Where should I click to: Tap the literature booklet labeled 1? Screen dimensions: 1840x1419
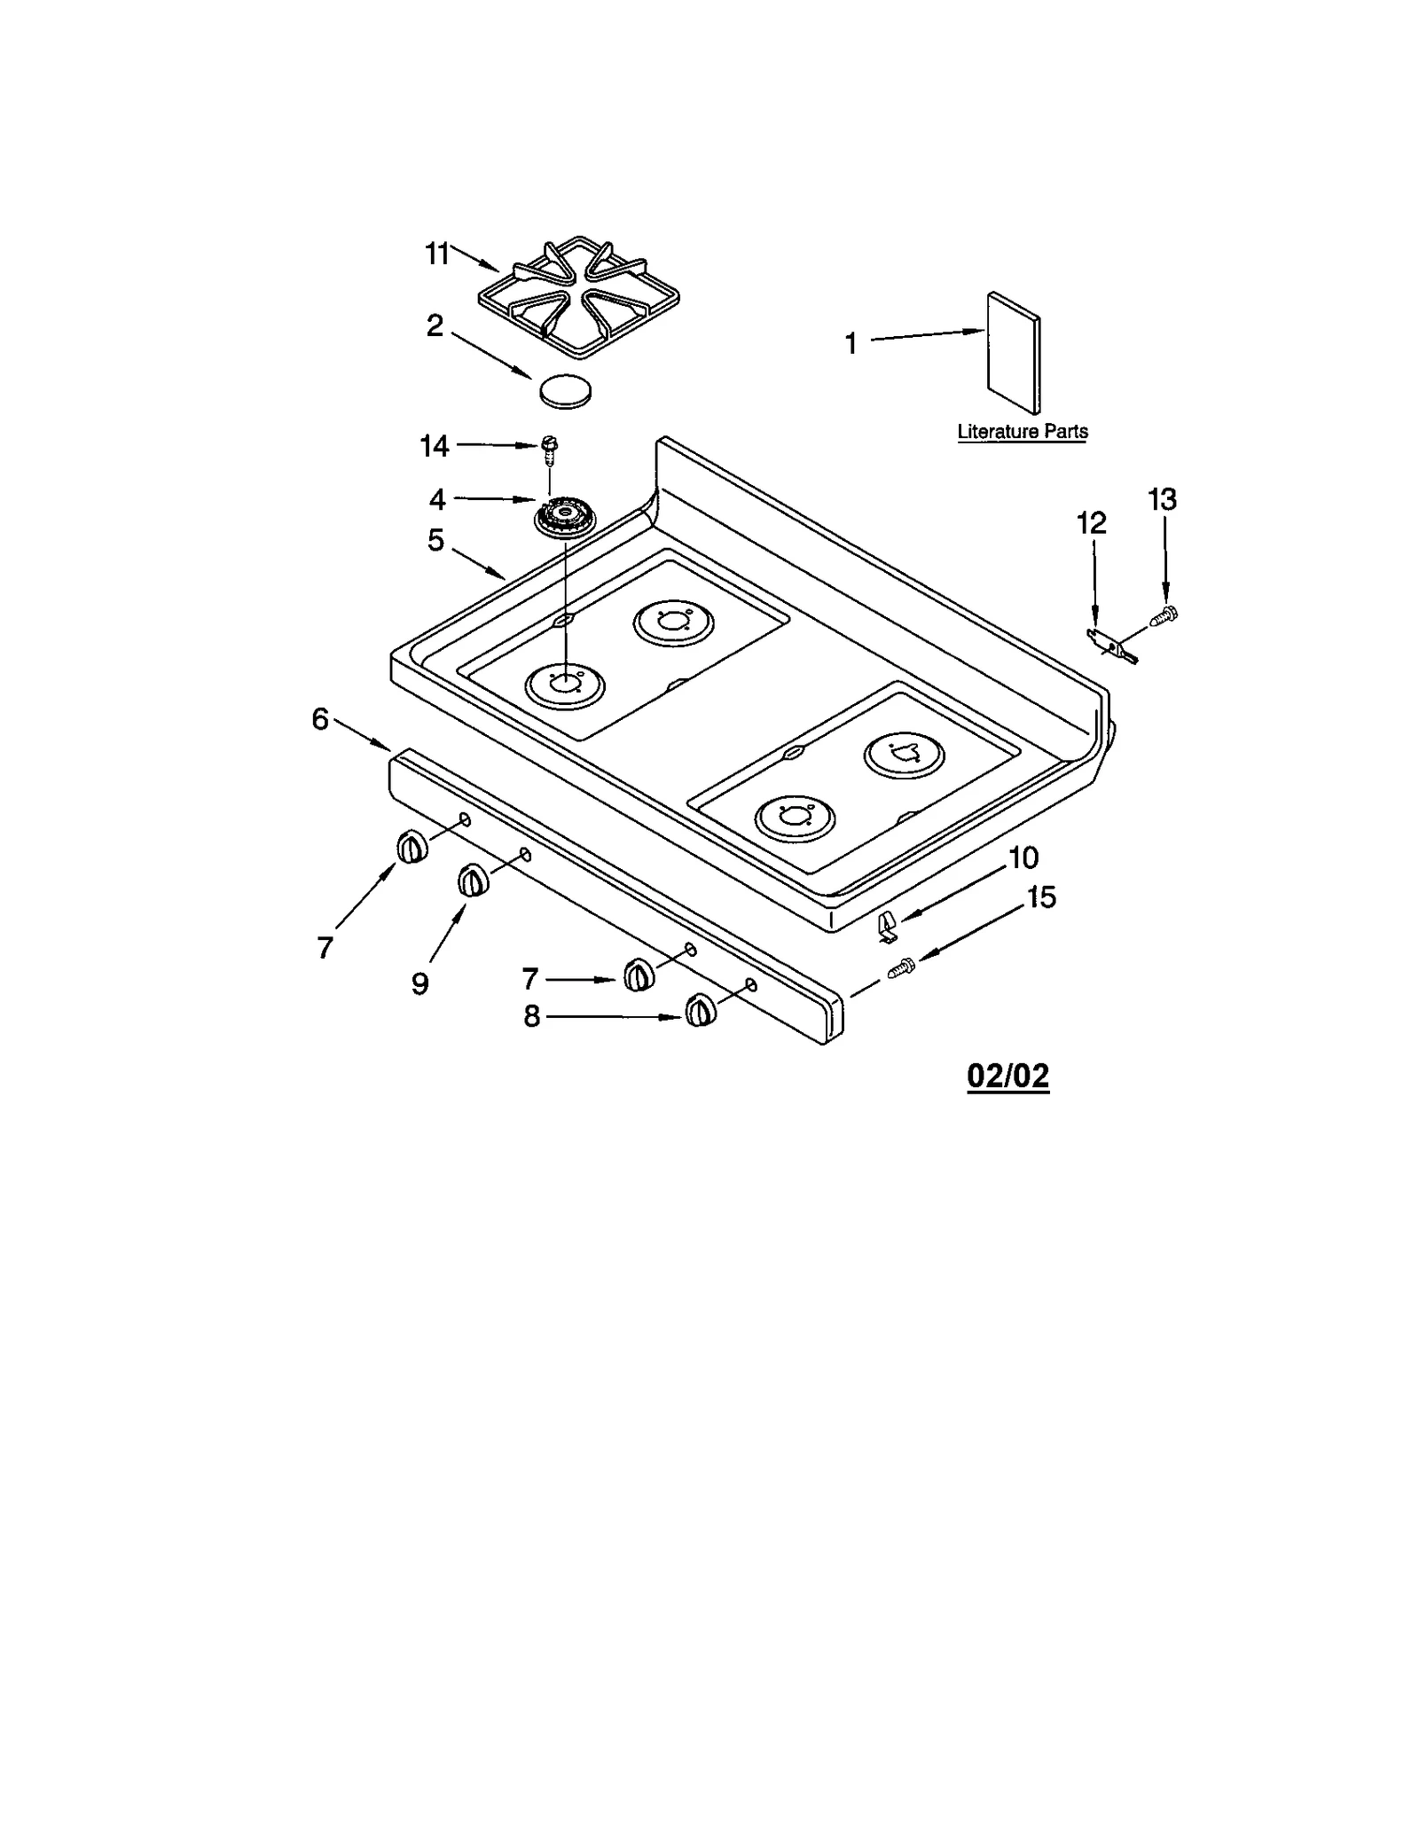coord(1014,352)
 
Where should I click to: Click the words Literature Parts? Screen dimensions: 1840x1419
coord(1022,432)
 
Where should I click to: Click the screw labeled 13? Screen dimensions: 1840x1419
coord(1164,615)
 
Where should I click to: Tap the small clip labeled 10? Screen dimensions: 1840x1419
coord(887,927)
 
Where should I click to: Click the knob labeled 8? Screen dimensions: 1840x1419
coord(701,1011)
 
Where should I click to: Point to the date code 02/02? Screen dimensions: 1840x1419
coord(1007,1076)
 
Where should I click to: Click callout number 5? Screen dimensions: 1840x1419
coord(435,540)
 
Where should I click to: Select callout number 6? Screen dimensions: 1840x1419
coord(320,718)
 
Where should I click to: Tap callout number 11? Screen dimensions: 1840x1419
coord(437,254)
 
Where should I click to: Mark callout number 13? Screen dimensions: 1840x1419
coord(1162,500)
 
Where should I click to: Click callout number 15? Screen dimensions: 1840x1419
coord(1041,897)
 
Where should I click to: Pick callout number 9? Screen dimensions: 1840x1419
coord(419,983)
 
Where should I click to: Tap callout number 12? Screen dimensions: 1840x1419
coord(1092,523)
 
